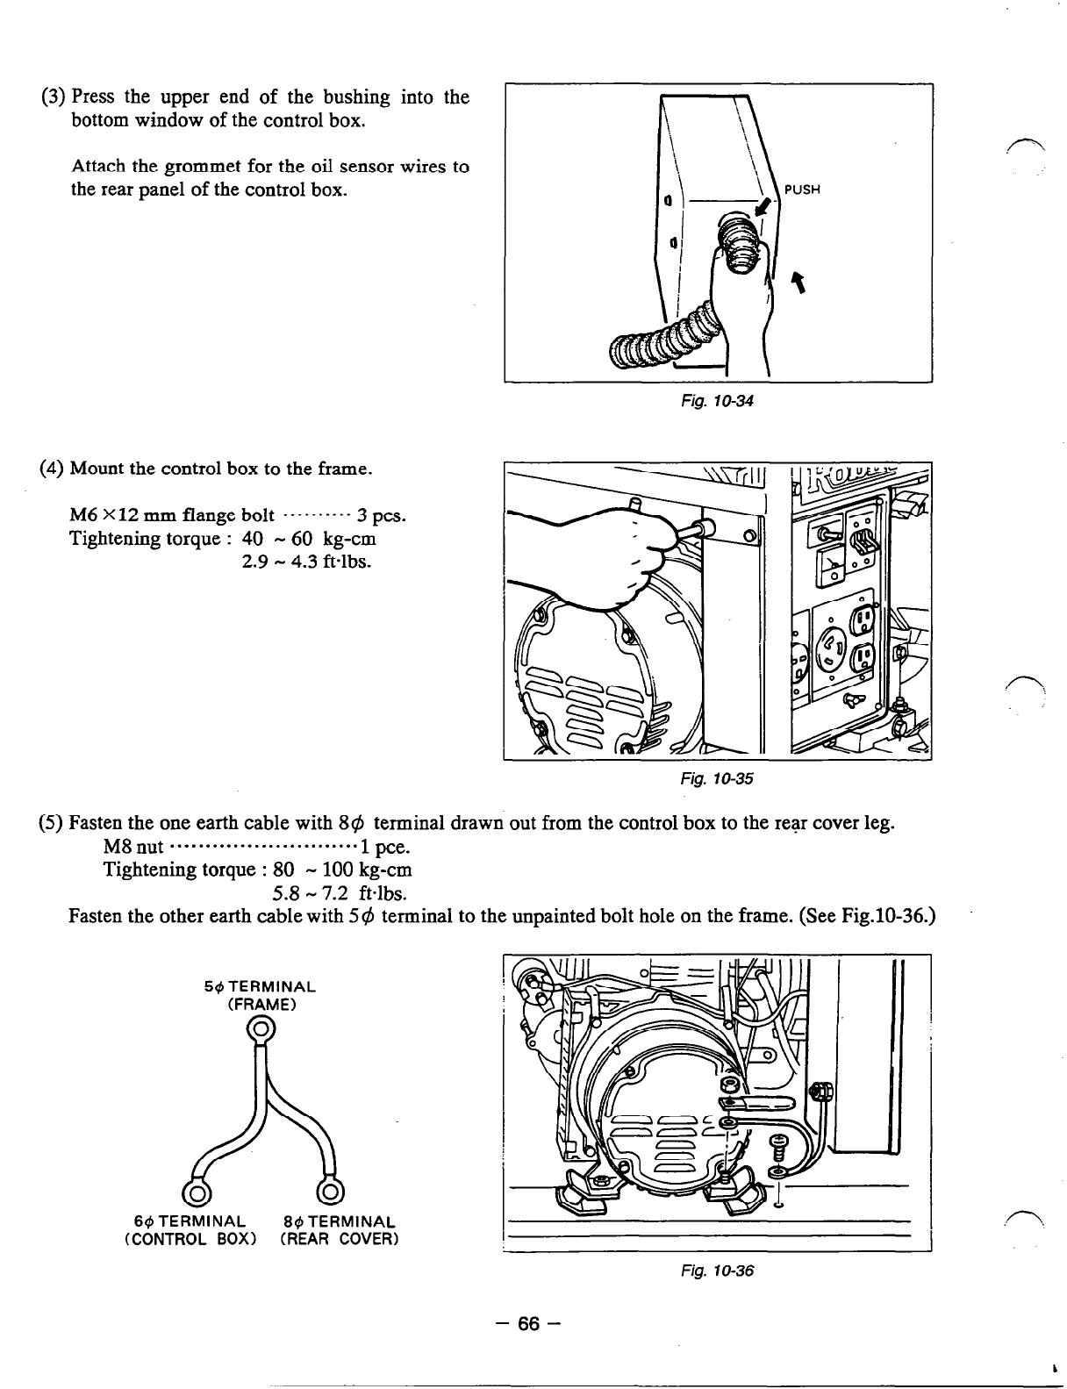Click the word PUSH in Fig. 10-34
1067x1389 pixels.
pyautogui.click(x=801, y=190)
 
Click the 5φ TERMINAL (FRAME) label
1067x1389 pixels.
pyautogui.click(x=260, y=995)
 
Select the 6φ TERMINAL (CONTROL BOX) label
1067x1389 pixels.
pyautogui.click(x=197, y=1229)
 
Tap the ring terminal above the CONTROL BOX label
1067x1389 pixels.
pyautogui.click(x=195, y=1192)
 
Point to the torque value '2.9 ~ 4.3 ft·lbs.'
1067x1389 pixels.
pyautogui.click(x=306, y=560)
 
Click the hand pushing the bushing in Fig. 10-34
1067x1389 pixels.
pyautogui.click(x=741, y=290)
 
